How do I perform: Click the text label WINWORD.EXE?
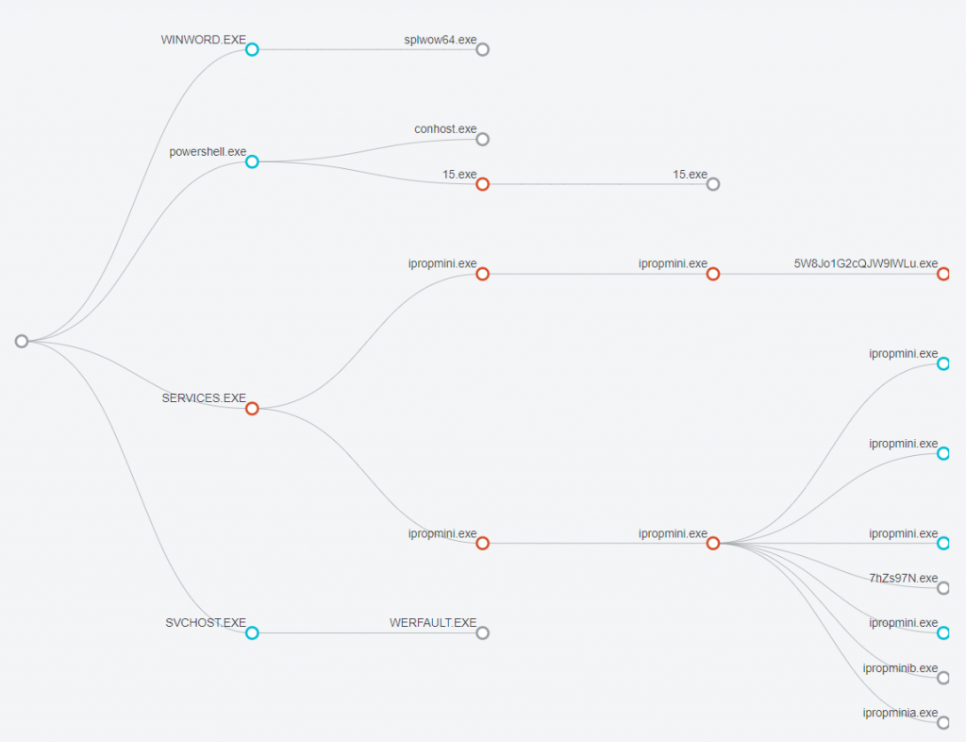204,40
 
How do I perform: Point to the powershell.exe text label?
208,152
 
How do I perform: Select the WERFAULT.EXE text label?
433,622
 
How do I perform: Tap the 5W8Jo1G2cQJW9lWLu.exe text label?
866,263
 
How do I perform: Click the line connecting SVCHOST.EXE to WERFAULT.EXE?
367,632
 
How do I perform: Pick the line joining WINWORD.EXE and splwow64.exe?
367,49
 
